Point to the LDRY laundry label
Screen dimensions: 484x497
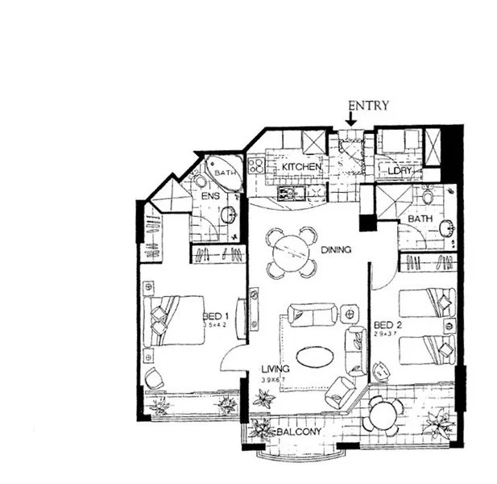click(400, 171)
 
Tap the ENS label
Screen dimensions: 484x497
click(210, 196)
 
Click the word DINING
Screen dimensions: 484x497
click(336, 250)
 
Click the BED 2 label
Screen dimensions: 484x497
click(387, 326)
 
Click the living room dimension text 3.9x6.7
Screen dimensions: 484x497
click(275, 380)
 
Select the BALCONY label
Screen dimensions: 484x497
click(300, 433)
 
